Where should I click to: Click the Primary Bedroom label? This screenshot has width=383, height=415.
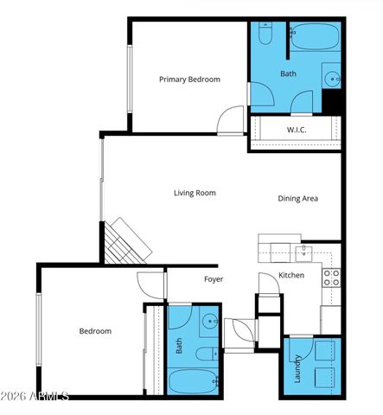point(189,79)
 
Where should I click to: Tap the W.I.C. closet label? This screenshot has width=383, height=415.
point(297,130)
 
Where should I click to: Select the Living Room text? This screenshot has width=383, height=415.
point(195,193)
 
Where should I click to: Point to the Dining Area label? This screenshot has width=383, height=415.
point(297,198)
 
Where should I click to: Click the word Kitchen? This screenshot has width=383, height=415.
point(290,275)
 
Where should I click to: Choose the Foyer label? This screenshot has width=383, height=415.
point(214,278)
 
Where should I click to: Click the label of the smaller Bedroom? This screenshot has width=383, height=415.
point(95,330)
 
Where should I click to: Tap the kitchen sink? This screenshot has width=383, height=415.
point(303,252)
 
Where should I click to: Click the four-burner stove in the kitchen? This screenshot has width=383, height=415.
point(331,278)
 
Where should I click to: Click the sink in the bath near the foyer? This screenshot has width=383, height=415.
point(210,325)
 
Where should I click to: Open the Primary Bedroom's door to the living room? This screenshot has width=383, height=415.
point(231,120)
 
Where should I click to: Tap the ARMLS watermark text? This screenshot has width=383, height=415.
point(35,396)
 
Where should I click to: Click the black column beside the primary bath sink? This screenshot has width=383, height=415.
point(333,101)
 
